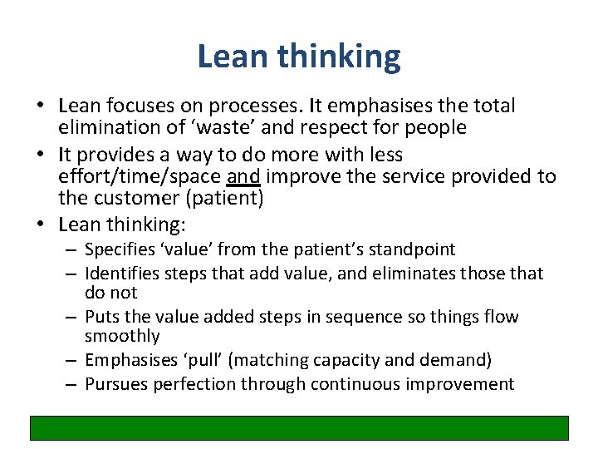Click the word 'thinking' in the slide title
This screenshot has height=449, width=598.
tap(339, 57)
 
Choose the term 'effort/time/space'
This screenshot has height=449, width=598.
tap(139, 176)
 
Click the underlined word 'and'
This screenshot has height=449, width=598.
tap(242, 176)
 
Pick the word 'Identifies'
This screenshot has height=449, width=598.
tap(123, 274)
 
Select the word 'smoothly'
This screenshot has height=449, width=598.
tap(122, 336)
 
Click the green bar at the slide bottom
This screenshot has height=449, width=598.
tap(299, 427)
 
